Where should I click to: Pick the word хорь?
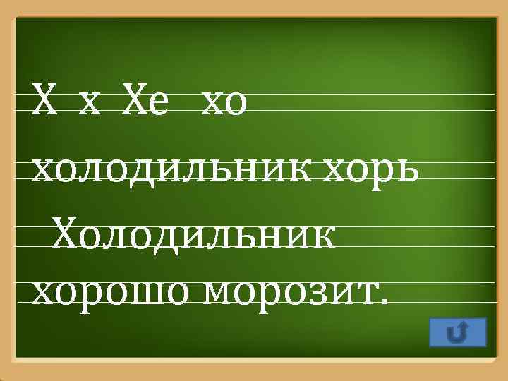(372, 169)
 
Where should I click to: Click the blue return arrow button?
(457, 332)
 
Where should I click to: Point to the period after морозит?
(383, 301)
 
